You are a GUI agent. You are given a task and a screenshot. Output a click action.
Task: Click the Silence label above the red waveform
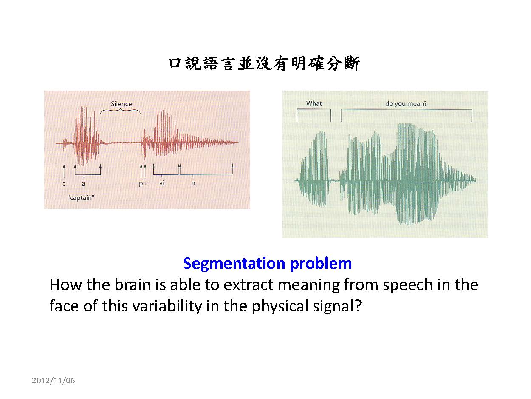point(121,104)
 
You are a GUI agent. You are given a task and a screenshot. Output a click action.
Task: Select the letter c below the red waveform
point(64,184)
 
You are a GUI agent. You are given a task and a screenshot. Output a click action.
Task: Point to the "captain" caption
point(81,198)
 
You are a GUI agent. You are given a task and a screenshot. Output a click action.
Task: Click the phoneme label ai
point(162,183)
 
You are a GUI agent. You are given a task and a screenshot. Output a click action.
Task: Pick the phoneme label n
point(193,183)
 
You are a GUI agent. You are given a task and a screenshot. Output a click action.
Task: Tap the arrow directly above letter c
point(64,171)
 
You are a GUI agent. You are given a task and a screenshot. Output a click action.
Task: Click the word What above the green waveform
point(314,103)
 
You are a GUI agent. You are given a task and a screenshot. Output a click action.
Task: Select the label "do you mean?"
point(406,104)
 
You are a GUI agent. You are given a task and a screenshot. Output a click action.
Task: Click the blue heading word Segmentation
point(234,263)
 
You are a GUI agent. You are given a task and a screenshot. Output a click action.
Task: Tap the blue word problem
point(321,264)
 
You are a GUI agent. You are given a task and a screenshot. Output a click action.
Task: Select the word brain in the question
point(133,285)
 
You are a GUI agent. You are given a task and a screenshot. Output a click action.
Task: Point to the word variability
point(167,306)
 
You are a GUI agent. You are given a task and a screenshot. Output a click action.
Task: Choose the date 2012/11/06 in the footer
point(54,381)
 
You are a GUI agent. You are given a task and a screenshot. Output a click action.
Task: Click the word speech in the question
point(408,285)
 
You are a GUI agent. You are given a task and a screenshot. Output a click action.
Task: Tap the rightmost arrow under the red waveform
point(232,169)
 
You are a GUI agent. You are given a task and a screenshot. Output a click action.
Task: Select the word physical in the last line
point(280,306)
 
